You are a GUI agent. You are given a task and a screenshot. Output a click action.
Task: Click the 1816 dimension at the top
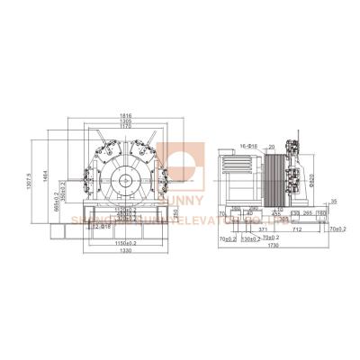click(130, 116)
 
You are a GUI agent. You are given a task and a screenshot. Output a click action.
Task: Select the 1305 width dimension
click(130, 122)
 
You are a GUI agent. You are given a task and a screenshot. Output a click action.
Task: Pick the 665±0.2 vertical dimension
click(54, 203)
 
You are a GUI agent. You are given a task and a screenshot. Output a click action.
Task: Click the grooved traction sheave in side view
click(273, 180)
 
